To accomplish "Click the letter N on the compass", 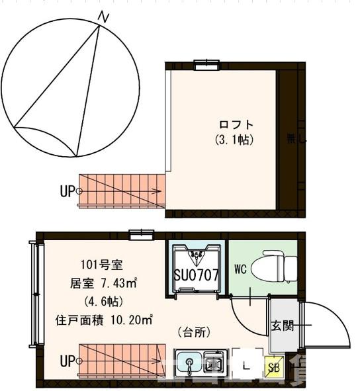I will [x=103, y=17].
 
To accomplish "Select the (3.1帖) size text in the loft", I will [x=235, y=140].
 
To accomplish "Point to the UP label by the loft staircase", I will [x=67, y=192].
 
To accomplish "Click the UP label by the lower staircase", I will [x=67, y=361].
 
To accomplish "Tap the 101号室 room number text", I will [x=101, y=267].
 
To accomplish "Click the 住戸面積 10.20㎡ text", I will [x=103, y=320].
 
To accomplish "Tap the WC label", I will [x=241, y=269].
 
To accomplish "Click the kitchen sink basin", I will [x=191, y=363].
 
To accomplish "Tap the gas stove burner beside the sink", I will [x=214, y=363].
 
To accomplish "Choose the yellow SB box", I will [x=273, y=365].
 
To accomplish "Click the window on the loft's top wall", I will [x=206, y=64].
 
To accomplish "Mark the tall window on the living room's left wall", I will [x=33, y=293].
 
